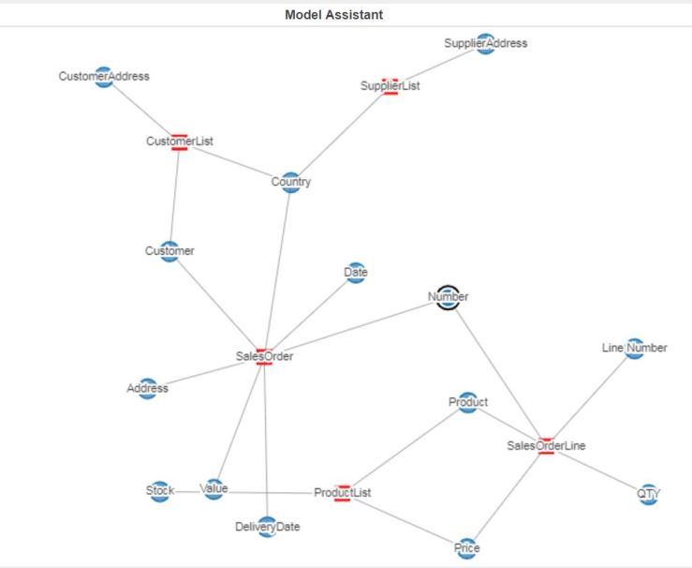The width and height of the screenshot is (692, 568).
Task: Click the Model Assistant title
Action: click(x=333, y=15)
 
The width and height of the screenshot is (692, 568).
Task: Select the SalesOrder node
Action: click(x=264, y=356)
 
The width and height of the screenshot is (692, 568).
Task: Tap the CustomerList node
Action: click(x=180, y=142)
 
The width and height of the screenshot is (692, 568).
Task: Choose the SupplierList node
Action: click(x=390, y=86)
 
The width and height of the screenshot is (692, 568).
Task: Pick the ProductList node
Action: click(x=342, y=493)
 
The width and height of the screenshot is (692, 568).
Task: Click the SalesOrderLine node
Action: click(x=546, y=446)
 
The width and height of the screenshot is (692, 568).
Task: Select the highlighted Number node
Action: click(x=449, y=297)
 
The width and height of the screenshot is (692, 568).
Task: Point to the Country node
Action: click(x=291, y=183)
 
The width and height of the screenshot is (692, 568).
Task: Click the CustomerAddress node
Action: click(x=104, y=77)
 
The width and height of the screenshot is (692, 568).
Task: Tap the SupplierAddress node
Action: click(x=485, y=43)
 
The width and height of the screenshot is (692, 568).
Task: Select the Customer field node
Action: click(x=169, y=251)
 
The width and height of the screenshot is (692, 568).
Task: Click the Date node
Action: click(x=356, y=273)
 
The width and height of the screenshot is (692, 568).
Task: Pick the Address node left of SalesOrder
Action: click(x=148, y=389)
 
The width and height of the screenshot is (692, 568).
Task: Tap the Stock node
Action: click(x=160, y=491)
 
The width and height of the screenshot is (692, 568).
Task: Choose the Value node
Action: click(x=214, y=489)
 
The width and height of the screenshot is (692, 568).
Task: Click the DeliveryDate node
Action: click(x=267, y=527)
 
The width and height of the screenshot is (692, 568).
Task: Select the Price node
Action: click(x=467, y=548)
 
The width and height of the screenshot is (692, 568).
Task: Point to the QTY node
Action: click(x=649, y=494)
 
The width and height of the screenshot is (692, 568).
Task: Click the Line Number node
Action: click(x=634, y=349)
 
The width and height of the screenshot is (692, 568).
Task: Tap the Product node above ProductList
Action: click(x=467, y=403)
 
